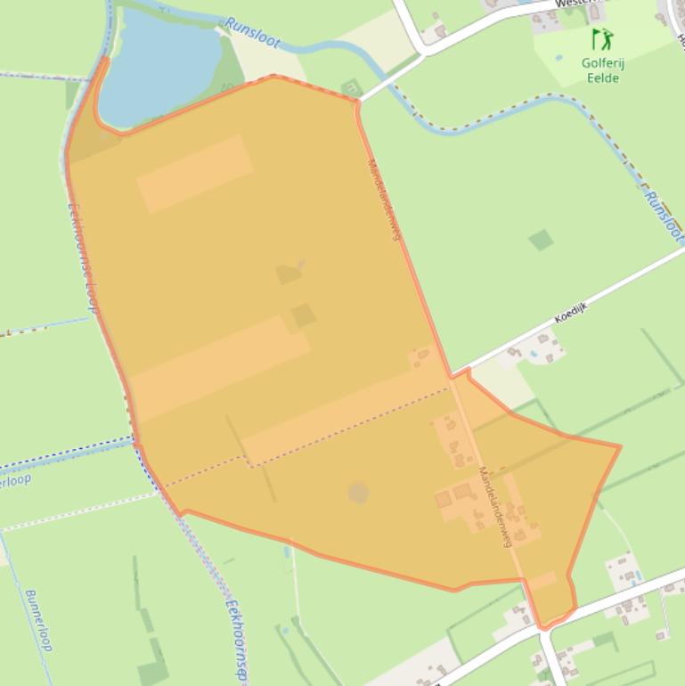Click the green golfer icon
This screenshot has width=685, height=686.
pos(603,38)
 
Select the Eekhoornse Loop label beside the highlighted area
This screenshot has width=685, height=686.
pos(82,257)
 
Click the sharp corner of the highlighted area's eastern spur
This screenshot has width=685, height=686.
pos(619,445)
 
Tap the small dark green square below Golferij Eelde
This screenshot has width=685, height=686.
pos(540,240)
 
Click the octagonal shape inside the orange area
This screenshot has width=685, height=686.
pos(357,493)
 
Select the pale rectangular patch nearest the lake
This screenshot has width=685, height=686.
pos(194,174)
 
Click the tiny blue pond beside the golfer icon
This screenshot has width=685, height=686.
pos(559,58)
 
